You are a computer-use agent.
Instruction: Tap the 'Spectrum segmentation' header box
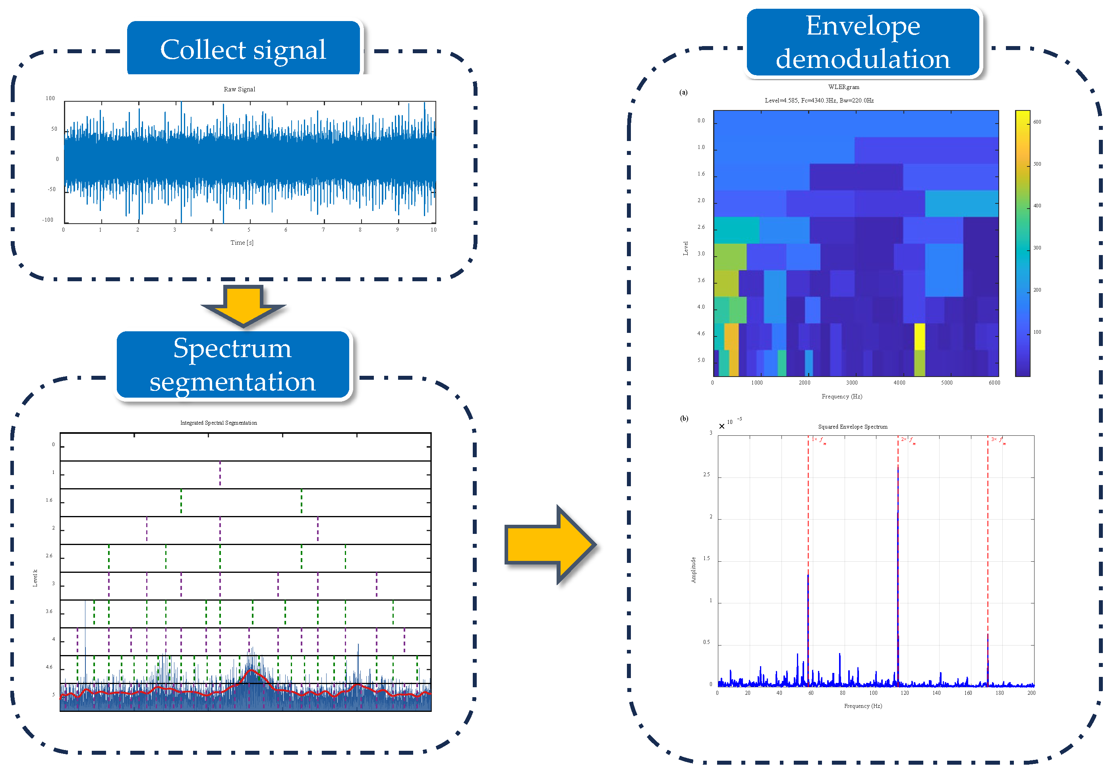pos(232,365)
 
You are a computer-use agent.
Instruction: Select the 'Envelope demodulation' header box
pos(863,42)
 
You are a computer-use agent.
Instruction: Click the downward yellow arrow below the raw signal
pos(243,305)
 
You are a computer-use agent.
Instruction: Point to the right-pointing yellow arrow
pos(550,545)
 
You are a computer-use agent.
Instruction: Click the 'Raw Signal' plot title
pos(239,89)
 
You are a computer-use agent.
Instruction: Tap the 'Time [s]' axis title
pos(242,243)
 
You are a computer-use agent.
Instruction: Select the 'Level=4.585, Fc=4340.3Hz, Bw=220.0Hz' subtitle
pos(819,100)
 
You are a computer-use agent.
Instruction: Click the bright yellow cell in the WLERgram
pos(919,336)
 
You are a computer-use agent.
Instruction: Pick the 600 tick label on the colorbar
pos(1037,122)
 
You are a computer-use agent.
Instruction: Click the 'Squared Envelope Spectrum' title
pos(853,427)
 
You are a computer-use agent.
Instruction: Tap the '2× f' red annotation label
pos(907,440)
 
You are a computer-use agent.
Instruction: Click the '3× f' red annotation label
pos(997,440)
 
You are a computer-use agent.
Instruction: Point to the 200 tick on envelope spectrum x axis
pos(1031,693)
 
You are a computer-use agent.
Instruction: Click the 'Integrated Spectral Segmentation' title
pos(219,423)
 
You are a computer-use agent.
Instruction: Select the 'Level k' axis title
pos(35,578)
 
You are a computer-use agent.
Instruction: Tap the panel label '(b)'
pos(684,419)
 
